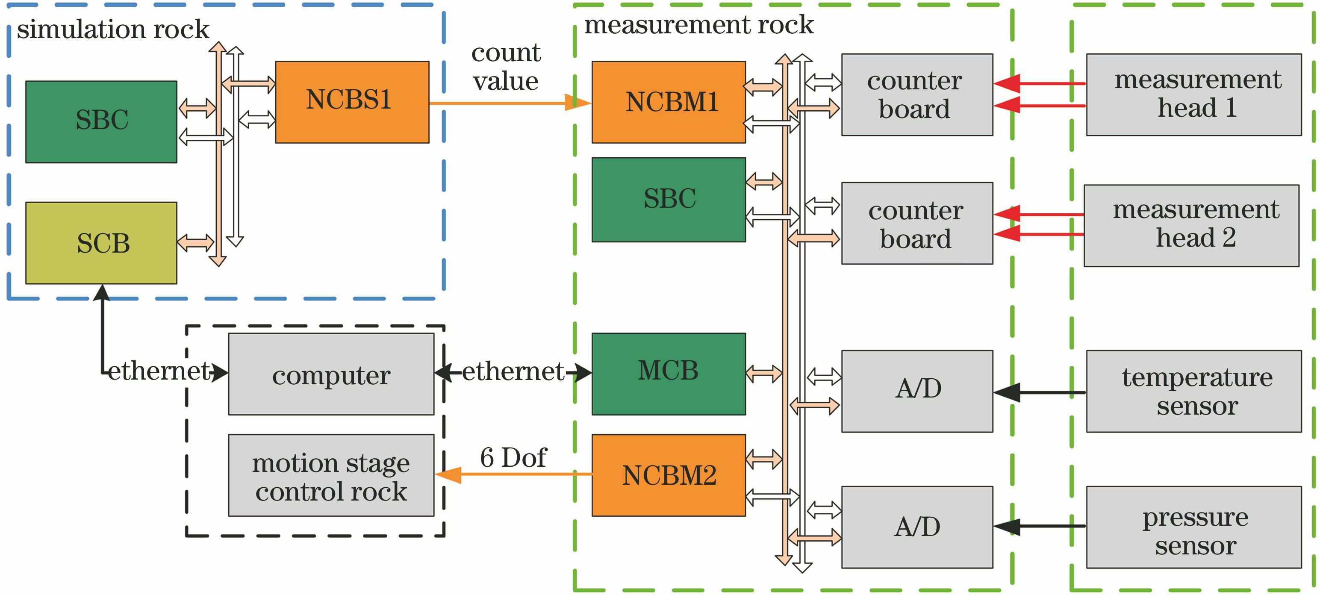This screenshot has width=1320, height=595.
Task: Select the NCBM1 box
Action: [668, 102]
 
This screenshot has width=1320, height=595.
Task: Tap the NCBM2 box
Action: [668, 475]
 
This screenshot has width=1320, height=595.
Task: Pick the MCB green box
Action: [668, 374]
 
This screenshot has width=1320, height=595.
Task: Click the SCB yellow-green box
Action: [101, 243]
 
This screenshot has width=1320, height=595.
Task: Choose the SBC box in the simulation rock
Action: [101, 121]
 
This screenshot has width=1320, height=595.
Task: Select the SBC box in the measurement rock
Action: [668, 199]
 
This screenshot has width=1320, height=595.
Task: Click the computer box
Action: [331, 374]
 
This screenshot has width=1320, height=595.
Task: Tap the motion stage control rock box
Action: [331, 476]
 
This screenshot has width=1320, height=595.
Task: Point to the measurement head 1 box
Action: [1193, 94]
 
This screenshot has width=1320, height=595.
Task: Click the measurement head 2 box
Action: [1191, 226]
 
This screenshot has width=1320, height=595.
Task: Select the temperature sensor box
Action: [1193, 391]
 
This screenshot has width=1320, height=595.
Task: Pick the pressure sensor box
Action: [1193, 527]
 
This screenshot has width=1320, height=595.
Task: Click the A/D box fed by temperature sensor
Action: [917, 391]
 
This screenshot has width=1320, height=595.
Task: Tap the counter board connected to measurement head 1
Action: [917, 94]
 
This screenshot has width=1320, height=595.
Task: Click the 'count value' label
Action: [505, 67]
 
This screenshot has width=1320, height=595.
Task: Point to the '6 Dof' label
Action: [513, 457]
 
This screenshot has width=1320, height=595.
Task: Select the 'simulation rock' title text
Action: [113, 29]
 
